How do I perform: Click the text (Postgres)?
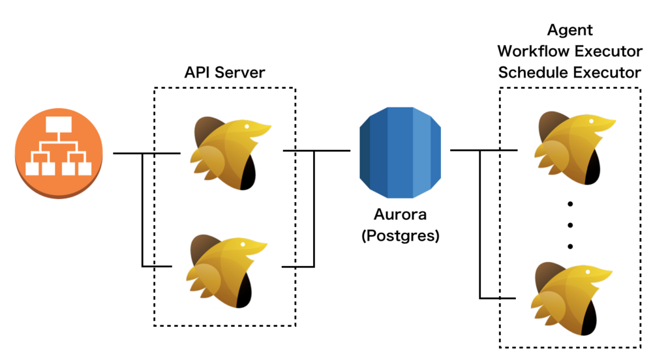400,236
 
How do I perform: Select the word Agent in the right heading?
569,30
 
